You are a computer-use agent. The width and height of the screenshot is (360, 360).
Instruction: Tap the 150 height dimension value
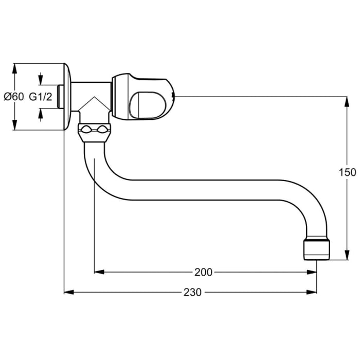tap(348, 172)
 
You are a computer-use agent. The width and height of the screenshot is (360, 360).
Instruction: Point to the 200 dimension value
tap(204, 272)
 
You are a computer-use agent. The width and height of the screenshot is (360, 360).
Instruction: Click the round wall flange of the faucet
tap(67, 96)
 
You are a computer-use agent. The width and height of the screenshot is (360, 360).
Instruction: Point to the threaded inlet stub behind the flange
tap(60, 96)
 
